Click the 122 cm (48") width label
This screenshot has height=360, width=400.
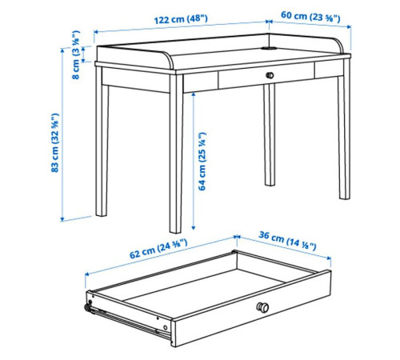[181, 19]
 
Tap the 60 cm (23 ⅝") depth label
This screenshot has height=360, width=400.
[310, 17]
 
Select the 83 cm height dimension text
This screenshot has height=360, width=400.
[54, 142]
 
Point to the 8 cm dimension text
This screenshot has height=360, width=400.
[76, 55]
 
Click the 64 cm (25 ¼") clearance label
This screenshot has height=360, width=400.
[202, 162]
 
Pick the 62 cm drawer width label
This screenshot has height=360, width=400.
[158, 249]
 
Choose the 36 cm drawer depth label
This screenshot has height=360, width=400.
[287, 241]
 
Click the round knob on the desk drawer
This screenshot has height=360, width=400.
[270, 75]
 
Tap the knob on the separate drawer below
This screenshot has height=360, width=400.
[262, 307]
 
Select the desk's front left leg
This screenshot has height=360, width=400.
[176, 154]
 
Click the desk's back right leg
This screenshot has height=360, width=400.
[344, 129]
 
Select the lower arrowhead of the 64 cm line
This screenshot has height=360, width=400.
[194, 227]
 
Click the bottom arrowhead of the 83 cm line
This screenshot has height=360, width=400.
[62, 219]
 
